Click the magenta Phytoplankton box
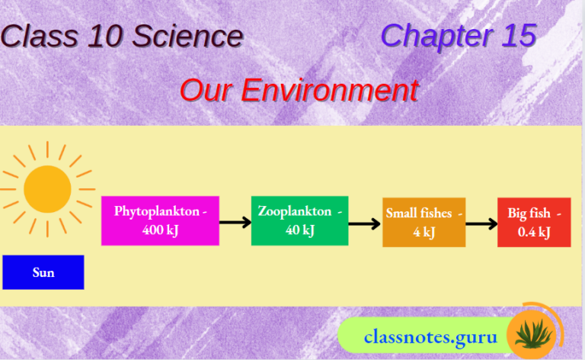(160, 220)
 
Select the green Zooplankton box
(299, 220)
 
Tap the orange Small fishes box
(424, 222)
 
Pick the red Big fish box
(534, 222)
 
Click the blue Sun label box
(43, 272)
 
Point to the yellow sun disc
(47, 188)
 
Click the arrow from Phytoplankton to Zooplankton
(235, 223)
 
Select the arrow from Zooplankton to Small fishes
(365, 223)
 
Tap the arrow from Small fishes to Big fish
(481, 223)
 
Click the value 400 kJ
(160, 230)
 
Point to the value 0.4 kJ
(534, 232)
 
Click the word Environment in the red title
(330, 91)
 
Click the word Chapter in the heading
(433, 36)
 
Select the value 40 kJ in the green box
(299, 230)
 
